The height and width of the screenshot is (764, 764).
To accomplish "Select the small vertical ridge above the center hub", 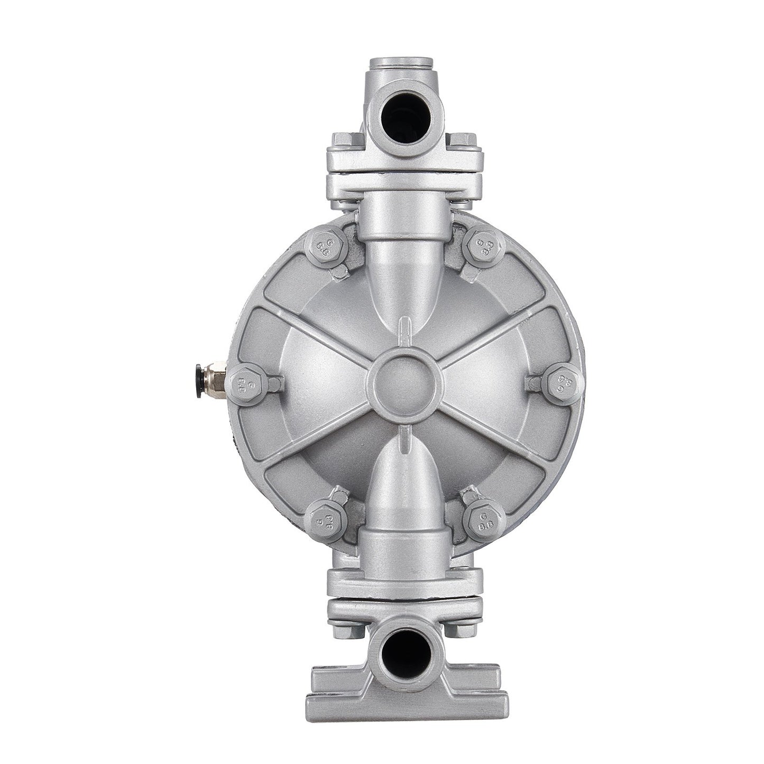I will [405, 332].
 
